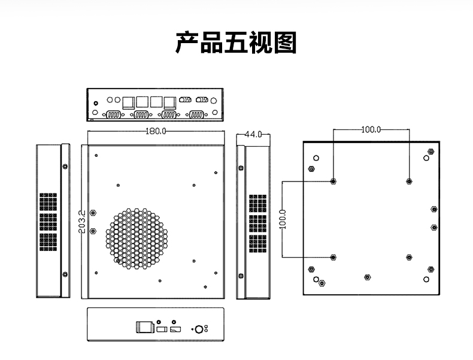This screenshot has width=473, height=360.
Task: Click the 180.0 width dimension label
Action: point(156,131)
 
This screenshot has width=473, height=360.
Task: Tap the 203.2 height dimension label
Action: point(82,222)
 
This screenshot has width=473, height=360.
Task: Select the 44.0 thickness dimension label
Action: point(253,135)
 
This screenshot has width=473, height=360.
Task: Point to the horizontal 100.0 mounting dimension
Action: point(371,129)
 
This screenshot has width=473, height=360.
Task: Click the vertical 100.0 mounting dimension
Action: point(283,219)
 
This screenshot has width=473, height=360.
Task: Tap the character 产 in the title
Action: point(187,43)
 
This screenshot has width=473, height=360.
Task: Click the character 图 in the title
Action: point(285,43)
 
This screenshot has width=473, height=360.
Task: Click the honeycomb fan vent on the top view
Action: point(137,238)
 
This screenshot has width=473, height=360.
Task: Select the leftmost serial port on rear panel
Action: point(113,115)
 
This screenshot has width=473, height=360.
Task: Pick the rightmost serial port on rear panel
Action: point(196,115)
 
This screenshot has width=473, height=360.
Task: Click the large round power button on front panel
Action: point(199,329)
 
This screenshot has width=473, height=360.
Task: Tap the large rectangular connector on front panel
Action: point(145,327)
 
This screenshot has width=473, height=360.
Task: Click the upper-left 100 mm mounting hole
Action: point(333,181)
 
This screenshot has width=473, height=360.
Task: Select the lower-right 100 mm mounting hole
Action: point(409,258)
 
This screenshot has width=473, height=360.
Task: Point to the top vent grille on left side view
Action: point(48,202)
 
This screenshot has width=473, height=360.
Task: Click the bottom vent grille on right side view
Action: point(258,244)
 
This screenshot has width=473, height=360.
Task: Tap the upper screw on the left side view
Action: point(65,167)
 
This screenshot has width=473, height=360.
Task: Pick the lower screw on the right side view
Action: point(241,276)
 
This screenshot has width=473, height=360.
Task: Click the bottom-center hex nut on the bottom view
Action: point(367,277)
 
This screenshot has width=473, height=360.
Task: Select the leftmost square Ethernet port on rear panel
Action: point(129,102)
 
